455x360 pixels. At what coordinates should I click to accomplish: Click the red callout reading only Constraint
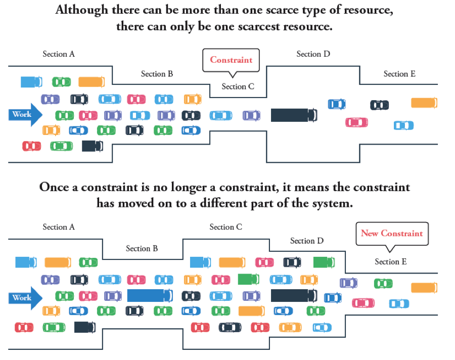tap(231, 60)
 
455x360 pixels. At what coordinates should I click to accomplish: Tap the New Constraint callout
tap(392, 234)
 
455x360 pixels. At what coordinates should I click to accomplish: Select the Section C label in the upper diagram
tap(238, 86)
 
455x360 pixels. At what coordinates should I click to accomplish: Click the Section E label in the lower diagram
tap(390, 261)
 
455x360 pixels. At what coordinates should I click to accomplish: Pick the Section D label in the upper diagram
tap(313, 54)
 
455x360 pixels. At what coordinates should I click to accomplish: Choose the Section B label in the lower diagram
tap(142, 248)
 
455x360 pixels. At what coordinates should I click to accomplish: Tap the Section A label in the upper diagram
tap(59, 54)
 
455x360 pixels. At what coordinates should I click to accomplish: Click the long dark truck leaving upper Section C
tap(294, 115)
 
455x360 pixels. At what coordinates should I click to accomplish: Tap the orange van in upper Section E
tap(424, 103)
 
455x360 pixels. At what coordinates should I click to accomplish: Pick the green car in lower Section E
tap(383, 283)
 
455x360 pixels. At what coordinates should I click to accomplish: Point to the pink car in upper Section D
tap(356, 122)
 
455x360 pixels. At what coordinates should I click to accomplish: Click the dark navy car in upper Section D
tap(380, 105)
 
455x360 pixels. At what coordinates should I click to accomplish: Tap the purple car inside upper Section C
tap(251, 115)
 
